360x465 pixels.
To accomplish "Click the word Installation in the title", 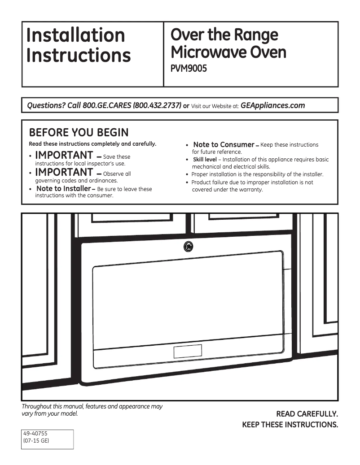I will (75, 35).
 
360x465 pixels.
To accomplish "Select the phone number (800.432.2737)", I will (157, 106).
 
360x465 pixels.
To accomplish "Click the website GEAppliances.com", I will (273, 106).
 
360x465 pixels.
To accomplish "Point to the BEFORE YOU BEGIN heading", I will (79, 133).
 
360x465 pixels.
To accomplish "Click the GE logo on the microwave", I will (189, 247).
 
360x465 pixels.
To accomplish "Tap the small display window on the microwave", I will (188, 351).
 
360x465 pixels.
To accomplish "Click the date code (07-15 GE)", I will (36, 441).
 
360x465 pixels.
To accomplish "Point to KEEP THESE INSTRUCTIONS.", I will (290, 425).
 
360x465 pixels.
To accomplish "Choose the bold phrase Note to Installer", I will (63, 189).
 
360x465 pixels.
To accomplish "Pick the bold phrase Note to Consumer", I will (224, 144).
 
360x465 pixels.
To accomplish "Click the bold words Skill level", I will (205, 160).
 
